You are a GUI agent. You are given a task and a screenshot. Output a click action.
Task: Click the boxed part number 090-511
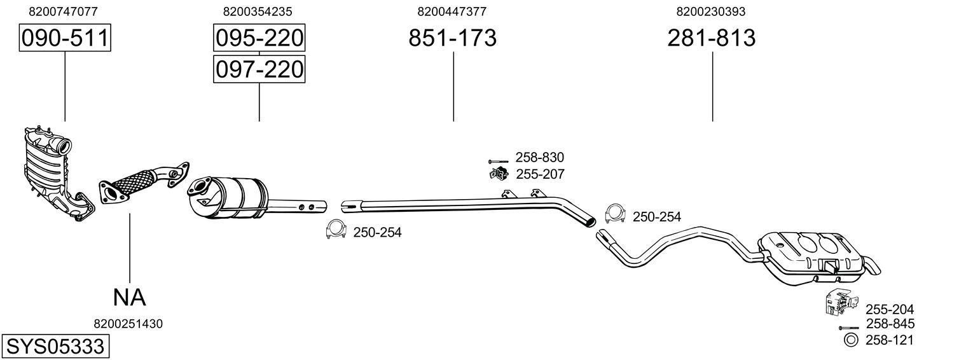point(65,38)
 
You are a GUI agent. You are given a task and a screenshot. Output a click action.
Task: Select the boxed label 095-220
point(259,38)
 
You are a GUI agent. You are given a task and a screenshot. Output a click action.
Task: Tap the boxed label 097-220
point(259,69)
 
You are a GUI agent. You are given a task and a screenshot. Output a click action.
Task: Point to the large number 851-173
point(452,38)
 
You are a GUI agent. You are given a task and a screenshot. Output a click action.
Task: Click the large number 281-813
point(712,38)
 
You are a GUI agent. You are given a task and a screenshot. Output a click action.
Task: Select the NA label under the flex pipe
point(130,298)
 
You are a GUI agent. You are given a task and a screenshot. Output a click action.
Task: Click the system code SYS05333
point(55,347)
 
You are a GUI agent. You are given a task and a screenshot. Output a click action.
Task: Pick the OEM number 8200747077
point(64,11)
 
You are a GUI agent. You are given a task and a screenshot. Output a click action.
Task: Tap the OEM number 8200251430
point(128,324)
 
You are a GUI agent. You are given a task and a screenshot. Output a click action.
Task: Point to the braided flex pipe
point(143,183)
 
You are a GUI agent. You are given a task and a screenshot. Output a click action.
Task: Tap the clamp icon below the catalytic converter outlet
point(336,230)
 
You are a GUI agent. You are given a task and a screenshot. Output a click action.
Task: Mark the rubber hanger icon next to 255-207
point(499,174)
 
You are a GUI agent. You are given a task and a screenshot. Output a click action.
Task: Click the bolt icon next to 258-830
point(498,161)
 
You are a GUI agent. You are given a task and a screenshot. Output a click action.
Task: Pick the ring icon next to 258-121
point(850,340)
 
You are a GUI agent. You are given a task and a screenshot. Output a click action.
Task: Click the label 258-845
point(890,324)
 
